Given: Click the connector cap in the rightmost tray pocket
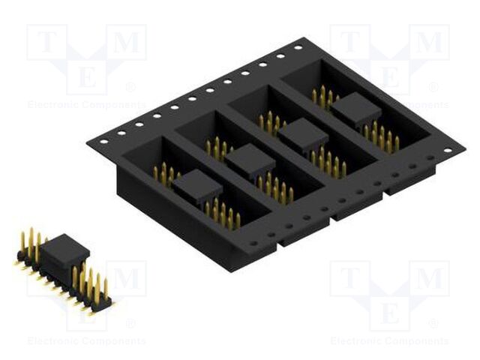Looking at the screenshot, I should point(355,112).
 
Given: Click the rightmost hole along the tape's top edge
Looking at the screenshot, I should point(298,47).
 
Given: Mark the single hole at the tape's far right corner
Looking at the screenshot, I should point(448,150).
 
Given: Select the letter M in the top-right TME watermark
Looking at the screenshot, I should point(429,43).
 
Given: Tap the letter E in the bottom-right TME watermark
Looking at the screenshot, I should point(390,313).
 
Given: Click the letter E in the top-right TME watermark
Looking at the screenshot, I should point(390,77).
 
